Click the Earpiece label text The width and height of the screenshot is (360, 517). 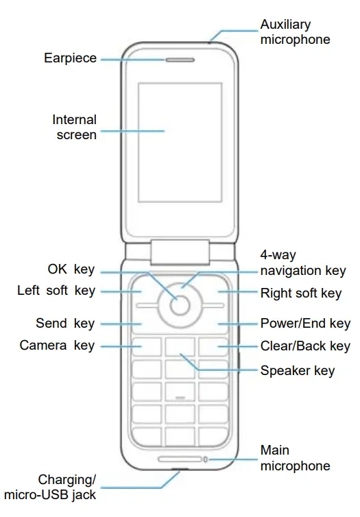pos(70,59)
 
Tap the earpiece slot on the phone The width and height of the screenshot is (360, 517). pos(180,60)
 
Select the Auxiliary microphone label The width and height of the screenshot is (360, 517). pos(295,32)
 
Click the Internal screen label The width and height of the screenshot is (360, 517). pos(74,128)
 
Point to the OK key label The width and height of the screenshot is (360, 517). pos(71,269)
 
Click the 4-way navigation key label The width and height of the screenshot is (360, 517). pos(303,263)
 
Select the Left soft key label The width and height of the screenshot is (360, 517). pos(56,291)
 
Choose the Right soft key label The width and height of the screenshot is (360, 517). pos(301,293)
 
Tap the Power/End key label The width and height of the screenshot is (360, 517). pos(305,323)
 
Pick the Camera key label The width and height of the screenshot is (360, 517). pos(57,345)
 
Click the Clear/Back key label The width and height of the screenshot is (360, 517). pos(305,346)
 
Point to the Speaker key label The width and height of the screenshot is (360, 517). pos(298,371)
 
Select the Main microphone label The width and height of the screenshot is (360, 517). pos(295,458)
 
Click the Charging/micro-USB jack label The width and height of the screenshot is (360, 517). pos(50,487)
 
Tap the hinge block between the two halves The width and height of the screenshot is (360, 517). pos(180,252)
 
